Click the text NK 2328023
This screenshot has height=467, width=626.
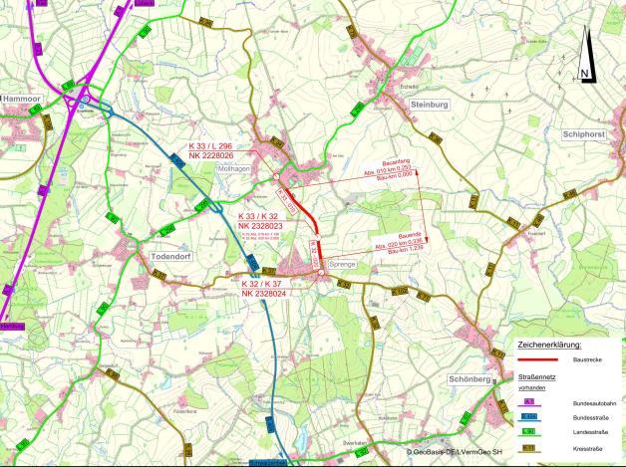262,225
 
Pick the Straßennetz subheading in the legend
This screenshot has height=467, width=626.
536,377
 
